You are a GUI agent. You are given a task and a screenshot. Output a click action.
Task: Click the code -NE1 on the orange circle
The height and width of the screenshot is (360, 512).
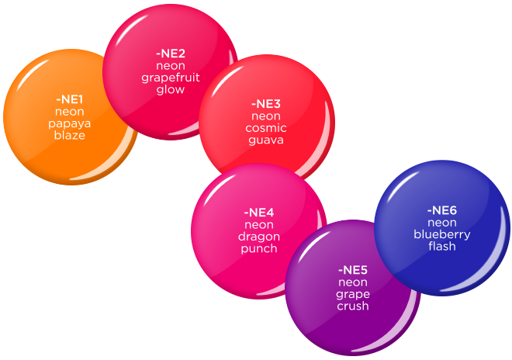point(70,99)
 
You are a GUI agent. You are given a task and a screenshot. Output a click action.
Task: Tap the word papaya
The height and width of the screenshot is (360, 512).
point(70,123)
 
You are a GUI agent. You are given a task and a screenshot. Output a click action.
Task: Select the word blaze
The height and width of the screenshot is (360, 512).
point(70,135)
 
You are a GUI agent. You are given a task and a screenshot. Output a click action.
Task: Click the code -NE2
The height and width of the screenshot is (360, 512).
point(170,54)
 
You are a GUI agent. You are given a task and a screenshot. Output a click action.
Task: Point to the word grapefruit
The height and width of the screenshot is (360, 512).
point(170,78)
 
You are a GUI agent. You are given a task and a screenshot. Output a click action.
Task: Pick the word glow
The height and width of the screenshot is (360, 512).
point(170,89)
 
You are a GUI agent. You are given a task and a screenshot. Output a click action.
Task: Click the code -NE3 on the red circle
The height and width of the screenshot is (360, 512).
point(266,104)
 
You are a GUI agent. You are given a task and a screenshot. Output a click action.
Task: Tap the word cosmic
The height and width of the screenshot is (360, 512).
point(266,128)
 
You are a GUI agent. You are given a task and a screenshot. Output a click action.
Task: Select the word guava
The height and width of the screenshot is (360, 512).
point(266,140)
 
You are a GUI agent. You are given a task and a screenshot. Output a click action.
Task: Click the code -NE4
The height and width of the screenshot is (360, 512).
point(258,213)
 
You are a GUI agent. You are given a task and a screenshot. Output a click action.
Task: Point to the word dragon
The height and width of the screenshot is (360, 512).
point(258,237)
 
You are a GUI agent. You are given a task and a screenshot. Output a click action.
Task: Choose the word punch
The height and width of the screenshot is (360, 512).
point(258,248)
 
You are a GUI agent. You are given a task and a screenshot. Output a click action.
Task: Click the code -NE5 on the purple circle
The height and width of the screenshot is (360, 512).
point(353,270)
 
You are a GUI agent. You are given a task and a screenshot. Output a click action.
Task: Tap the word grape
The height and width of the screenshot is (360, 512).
point(353,294)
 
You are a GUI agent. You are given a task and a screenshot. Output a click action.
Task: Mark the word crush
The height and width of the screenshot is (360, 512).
point(353,306)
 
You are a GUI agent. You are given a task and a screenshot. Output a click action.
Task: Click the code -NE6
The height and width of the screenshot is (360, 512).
point(442,210)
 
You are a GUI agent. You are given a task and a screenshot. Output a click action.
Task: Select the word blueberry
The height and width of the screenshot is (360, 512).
point(442,234)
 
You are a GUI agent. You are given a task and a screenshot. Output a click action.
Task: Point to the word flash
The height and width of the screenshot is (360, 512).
point(442,246)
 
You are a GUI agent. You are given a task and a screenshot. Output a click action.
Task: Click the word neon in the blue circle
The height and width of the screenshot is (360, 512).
point(442,223)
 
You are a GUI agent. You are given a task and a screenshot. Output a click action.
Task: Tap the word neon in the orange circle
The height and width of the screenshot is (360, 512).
point(70,112)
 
